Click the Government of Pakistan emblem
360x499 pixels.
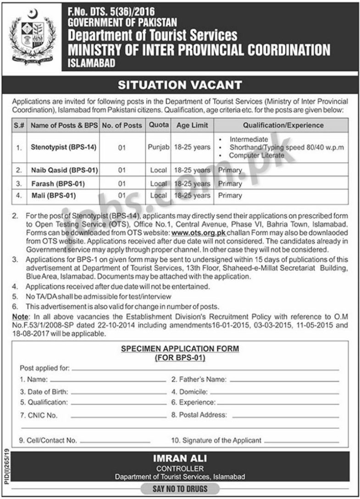[x=31, y=36]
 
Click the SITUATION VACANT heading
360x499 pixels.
[x=180, y=85]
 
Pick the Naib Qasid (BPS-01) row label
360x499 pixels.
[x=64, y=170]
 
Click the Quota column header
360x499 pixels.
[x=159, y=125]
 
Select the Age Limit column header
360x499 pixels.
[x=192, y=125]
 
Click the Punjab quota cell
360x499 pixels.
[x=159, y=148]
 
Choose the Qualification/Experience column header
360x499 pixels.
[x=283, y=125]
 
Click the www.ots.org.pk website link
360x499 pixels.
[x=198, y=233]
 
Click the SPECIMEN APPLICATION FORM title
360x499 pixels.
[x=180, y=349]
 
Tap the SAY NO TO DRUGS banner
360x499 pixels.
[x=180, y=489]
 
